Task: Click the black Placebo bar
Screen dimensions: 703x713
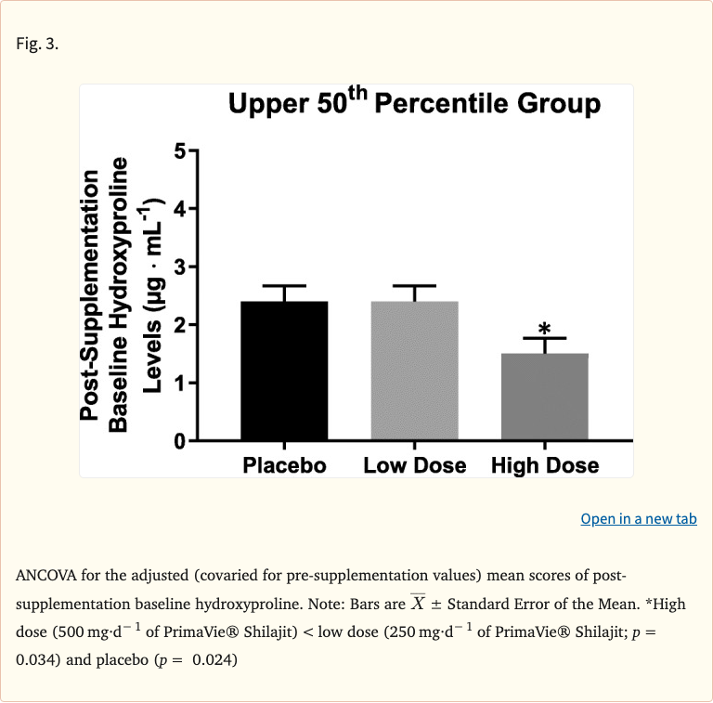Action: [x=284, y=371]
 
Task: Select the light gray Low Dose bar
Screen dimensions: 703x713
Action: [x=414, y=371]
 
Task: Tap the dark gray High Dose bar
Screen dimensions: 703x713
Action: [x=544, y=397]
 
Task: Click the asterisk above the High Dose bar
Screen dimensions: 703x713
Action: [x=545, y=329]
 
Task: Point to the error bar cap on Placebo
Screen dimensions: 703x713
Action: [x=284, y=286]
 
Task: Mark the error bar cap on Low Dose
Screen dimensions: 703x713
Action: [x=414, y=286]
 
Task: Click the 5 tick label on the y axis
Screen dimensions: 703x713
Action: [x=180, y=151]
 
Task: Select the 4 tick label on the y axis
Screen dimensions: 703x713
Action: [x=180, y=209]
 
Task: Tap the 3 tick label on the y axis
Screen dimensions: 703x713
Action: [x=180, y=267]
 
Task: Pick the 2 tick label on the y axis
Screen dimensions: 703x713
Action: [x=180, y=325]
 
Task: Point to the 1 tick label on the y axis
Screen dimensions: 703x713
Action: [x=180, y=383]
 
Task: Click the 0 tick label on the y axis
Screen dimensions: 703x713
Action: [x=180, y=441]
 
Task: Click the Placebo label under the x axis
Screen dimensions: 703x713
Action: [x=284, y=465]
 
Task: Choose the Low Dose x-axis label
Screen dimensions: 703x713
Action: [x=414, y=465]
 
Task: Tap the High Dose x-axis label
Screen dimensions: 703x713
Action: [x=545, y=465]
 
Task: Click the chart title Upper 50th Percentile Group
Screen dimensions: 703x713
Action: [x=414, y=104]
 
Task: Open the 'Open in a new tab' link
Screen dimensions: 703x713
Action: [x=638, y=518]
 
